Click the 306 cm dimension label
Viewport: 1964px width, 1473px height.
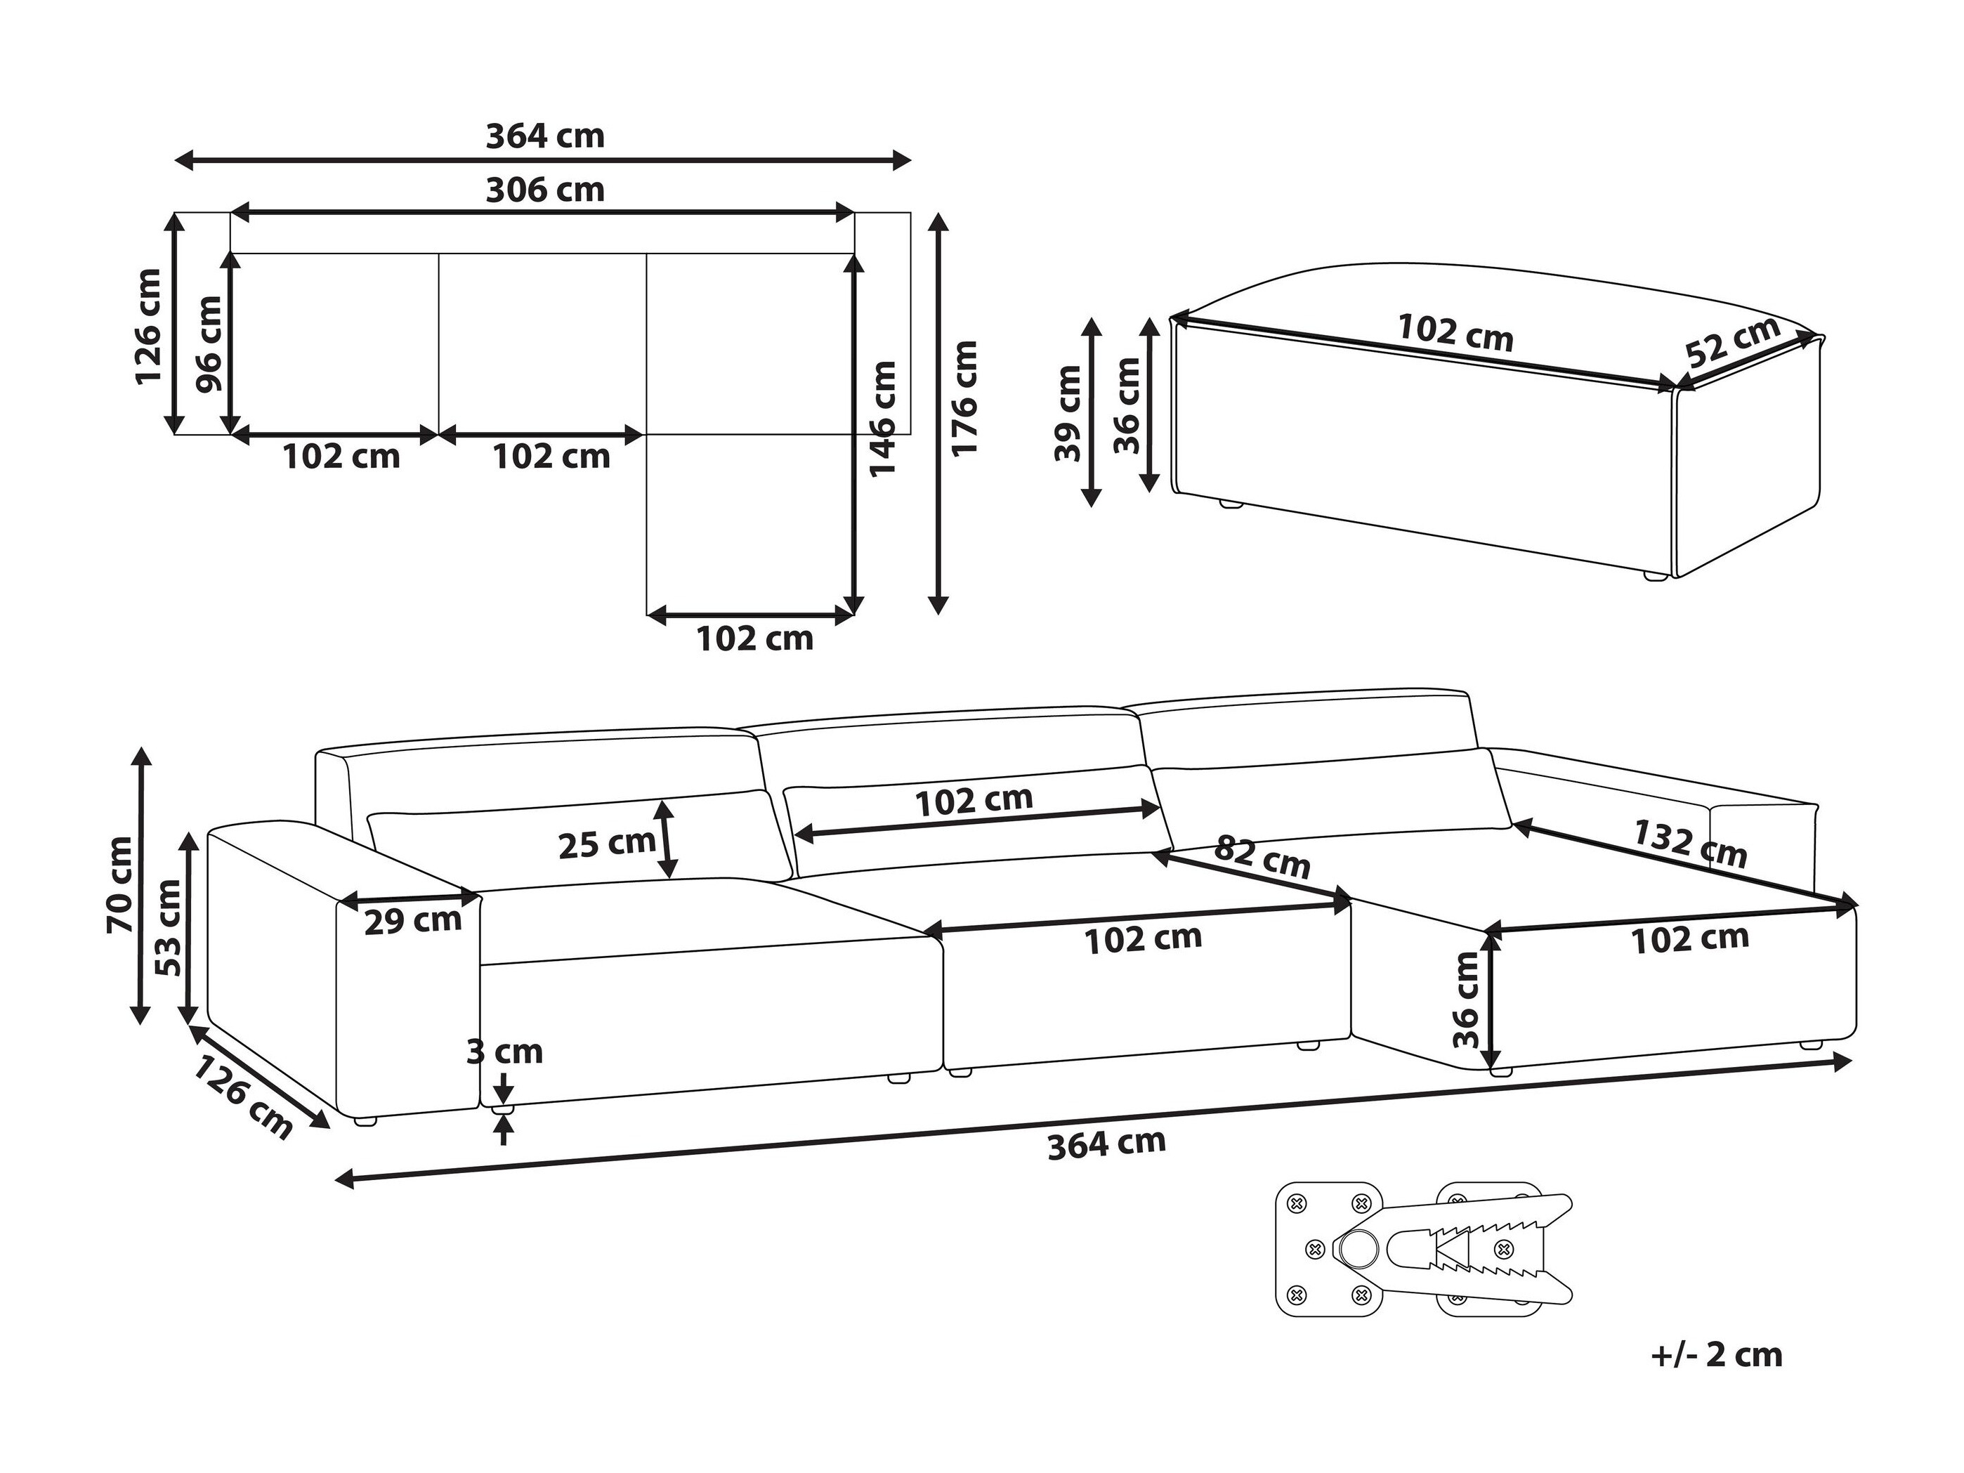pyautogui.click(x=545, y=190)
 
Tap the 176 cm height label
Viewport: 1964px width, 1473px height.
pyautogui.click(x=964, y=399)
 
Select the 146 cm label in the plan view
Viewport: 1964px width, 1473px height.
pyautogui.click(x=882, y=418)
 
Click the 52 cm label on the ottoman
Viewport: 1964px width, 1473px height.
pyautogui.click(x=1733, y=341)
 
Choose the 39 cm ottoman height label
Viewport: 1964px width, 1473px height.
pyautogui.click(x=1068, y=414)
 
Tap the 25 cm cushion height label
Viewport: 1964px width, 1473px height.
pyautogui.click(x=608, y=844)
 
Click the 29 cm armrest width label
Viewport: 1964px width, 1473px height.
pyautogui.click(x=413, y=921)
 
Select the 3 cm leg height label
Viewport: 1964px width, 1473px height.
pyautogui.click(x=504, y=1052)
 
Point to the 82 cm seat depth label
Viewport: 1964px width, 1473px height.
pyautogui.click(x=1262, y=856)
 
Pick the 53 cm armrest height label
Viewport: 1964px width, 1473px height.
pyautogui.click(x=168, y=928)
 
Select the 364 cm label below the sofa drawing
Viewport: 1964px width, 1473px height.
pyautogui.click(x=1106, y=1144)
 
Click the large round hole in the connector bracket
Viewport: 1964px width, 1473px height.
pyautogui.click(x=1356, y=1252)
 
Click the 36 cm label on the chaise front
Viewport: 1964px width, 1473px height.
pyautogui.click(x=1467, y=999)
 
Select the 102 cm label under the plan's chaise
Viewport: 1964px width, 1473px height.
pyautogui.click(x=754, y=639)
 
